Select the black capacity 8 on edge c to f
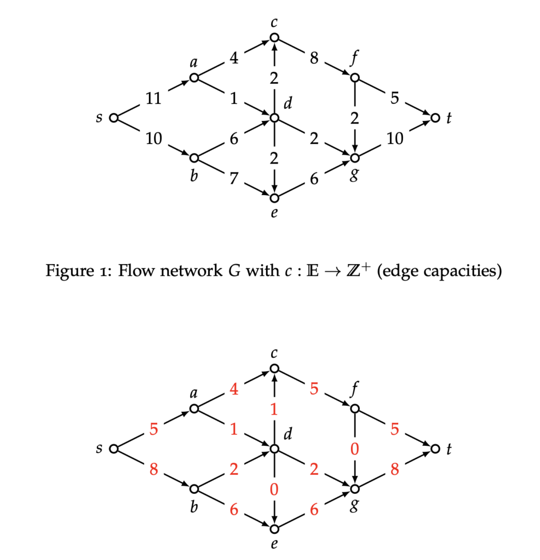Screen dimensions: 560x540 tap(314, 58)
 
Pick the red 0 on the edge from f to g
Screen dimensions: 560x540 tap(355, 450)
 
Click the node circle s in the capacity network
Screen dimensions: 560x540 tap(113, 118)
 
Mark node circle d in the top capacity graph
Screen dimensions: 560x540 tap(274, 118)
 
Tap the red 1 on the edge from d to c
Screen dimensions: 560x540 tap(274, 409)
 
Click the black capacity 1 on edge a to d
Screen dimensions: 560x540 tap(234, 98)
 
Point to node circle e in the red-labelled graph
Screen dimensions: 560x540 tap(274, 529)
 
